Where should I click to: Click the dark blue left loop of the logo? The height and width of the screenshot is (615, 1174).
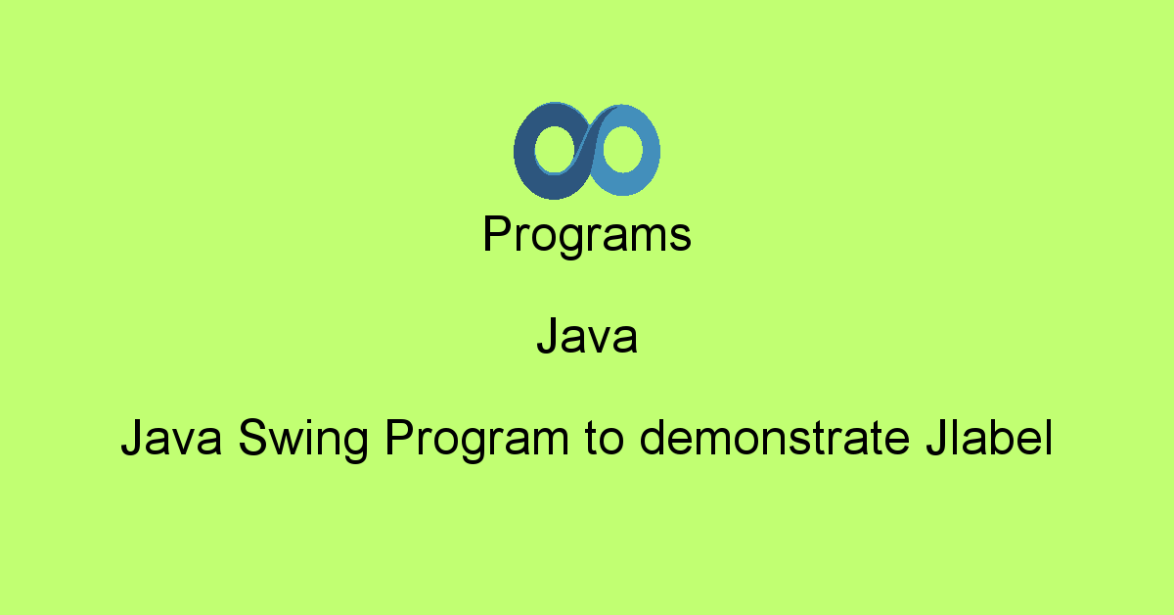tap(528, 152)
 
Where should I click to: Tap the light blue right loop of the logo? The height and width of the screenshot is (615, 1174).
tap(646, 152)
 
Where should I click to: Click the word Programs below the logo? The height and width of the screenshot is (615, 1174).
tap(587, 236)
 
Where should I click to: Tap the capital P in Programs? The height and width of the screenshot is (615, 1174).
tap(496, 235)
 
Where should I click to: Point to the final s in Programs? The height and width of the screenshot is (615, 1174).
tap(682, 239)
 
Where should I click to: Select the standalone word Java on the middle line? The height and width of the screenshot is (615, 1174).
tap(587, 338)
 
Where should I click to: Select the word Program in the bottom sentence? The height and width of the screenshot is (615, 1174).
tap(476, 442)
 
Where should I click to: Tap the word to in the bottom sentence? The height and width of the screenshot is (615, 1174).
tap(603, 441)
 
